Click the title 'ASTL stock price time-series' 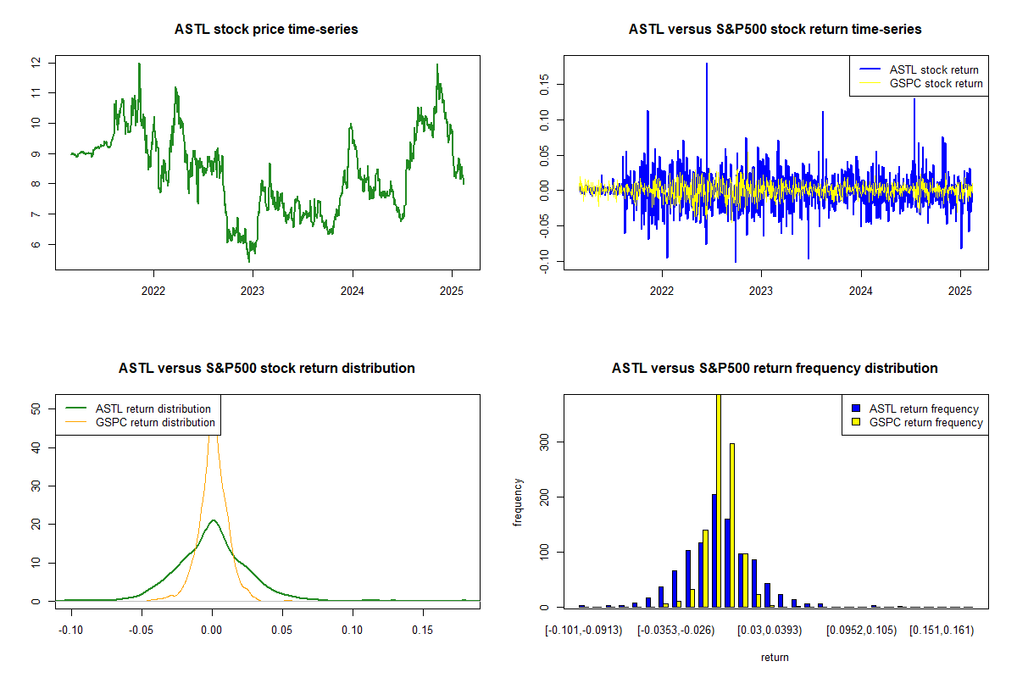tap(266, 30)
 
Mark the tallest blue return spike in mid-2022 tap(707, 64)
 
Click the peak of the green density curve tap(213, 520)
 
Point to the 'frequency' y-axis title tap(518, 502)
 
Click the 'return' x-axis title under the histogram tap(775, 657)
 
